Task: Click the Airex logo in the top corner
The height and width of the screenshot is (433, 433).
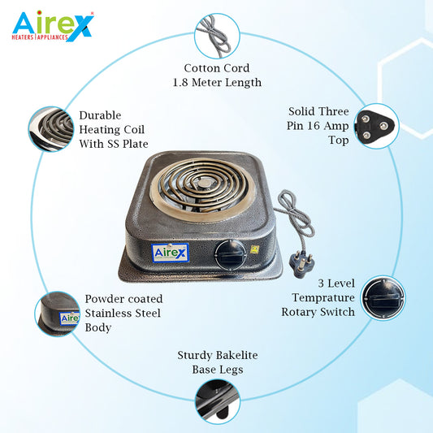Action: click(x=53, y=26)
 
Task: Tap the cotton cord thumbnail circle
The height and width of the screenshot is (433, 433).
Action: click(x=217, y=36)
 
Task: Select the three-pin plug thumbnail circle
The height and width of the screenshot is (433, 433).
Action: click(x=377, y=126)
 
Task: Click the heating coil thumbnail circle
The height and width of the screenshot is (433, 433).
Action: click(x=51, y=129)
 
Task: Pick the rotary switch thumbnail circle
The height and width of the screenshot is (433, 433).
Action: click(x=383, y=298)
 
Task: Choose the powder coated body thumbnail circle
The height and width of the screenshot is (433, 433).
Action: click(x=58, y=314)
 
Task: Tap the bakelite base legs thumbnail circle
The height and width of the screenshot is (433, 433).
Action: click(x=218, y=402)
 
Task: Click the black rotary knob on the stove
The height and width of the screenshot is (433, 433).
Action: click(x=231, y=255)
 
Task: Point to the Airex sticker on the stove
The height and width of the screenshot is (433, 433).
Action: click(x=170, y=253)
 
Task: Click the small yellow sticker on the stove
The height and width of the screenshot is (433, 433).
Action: click(x=254, y=249)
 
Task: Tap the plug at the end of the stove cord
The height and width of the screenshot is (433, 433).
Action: click(x=301, y=263)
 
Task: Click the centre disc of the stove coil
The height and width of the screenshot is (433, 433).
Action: click(x=205, y=183)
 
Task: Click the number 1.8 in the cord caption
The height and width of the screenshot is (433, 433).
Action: click(x=180, y=82)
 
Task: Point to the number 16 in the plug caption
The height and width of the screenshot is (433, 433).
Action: click(x=313, y=126)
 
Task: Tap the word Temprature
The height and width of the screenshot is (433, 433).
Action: click(x=323, y=298)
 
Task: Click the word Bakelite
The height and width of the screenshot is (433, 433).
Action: click(x=236, y=355)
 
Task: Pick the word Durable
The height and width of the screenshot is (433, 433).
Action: click(x=100, y=115)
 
